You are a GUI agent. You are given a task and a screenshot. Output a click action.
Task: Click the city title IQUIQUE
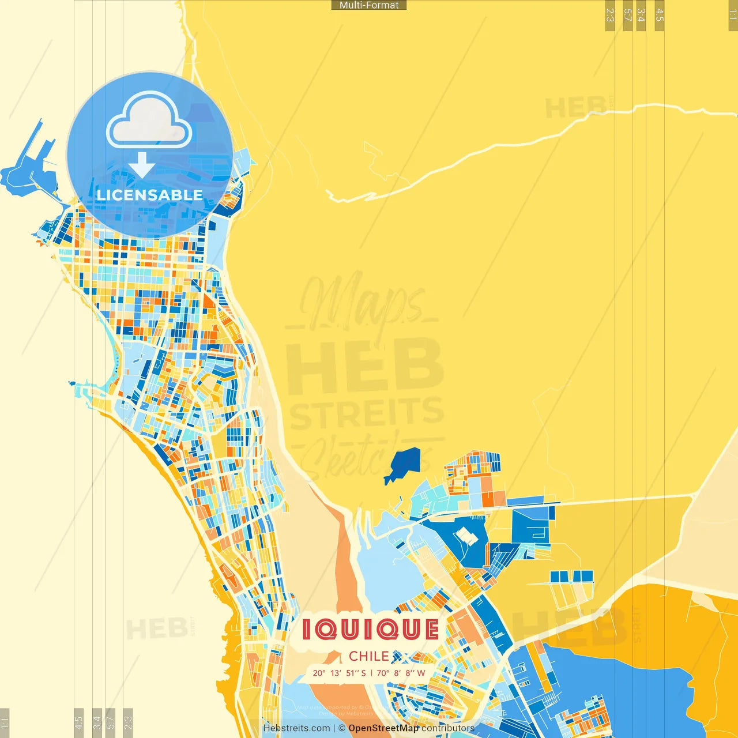[x=370, y=630]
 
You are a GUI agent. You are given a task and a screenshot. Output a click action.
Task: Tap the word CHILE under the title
[x=368, y=656]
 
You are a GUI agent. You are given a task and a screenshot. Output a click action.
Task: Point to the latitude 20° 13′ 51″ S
[x=339, y=673]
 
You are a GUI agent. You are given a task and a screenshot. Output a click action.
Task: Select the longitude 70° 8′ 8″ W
[x=401, y=673]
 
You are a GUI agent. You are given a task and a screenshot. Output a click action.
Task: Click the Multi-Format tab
[x=369, y=5]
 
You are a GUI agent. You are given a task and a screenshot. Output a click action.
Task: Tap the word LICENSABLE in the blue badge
[x=150, y=195]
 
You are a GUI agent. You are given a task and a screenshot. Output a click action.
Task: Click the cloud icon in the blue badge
[x=149, y=122]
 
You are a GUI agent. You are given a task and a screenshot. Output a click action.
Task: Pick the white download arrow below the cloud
[x=142, y=165]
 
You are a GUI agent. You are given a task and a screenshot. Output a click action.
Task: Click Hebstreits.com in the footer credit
[x=296, y=728]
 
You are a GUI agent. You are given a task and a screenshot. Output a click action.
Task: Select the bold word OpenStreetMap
[x=383, y=728]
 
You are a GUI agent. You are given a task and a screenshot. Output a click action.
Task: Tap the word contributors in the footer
[x=447, y=728]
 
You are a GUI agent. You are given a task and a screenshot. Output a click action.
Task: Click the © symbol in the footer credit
[x=342, y=728]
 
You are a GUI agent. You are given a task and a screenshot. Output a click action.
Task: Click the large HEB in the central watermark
[x=364, y=364]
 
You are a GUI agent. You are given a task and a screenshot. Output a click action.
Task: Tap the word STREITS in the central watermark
[x=367, y=413]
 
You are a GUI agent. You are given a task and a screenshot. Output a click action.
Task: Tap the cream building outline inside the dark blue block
[x=466, y=537]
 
